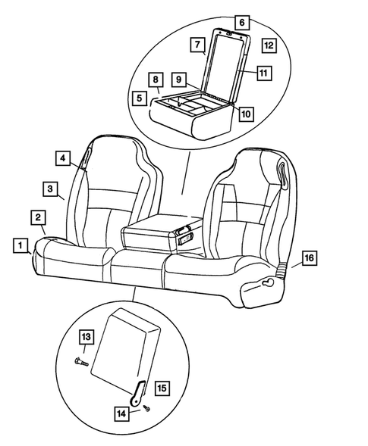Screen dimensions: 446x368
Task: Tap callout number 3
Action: pos(49,188)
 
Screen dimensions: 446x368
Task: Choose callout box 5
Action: pos(138,98)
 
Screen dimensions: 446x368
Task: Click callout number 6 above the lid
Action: pos(241,22)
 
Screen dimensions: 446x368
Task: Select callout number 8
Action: pos(155,80)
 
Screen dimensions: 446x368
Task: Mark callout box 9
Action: pos(178,79)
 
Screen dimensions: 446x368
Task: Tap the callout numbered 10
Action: pos(245,113)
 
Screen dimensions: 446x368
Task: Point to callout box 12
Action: pos(269,46)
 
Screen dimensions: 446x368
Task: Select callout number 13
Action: pos(86,336)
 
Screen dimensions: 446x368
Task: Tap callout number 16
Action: pos(309,260)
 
